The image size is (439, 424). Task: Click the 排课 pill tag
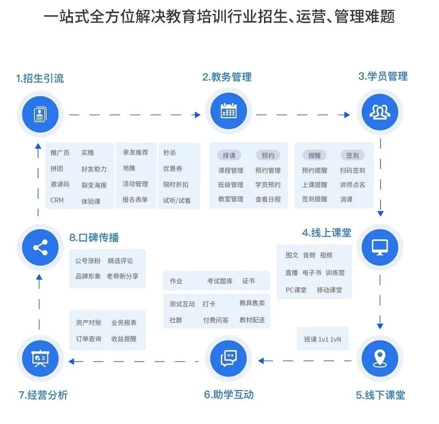[228, 155]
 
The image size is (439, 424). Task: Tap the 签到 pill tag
[352, 155]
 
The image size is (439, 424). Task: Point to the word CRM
[57, 200]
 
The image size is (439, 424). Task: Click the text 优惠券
[172, 169]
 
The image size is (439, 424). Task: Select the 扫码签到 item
[352, 170]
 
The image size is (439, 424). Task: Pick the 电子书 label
[312, 273]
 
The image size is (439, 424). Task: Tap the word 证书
[248, 281]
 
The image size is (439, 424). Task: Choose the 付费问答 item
[215, 320]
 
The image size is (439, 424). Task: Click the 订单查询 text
[88, 339]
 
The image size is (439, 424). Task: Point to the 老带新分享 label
[122, 276]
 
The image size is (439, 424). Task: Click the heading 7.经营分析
[43, 396]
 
